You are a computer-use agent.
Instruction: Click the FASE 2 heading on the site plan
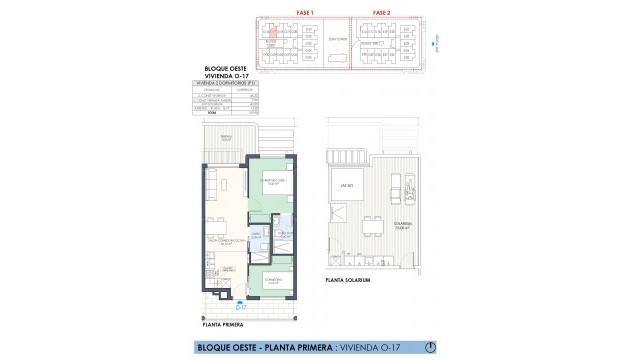[x=380, y=11]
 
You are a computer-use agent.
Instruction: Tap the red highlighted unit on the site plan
[x=270, y=33]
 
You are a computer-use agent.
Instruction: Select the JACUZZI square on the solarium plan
[x=346, y=186]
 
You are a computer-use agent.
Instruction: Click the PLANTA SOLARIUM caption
[x=349, y=281]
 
